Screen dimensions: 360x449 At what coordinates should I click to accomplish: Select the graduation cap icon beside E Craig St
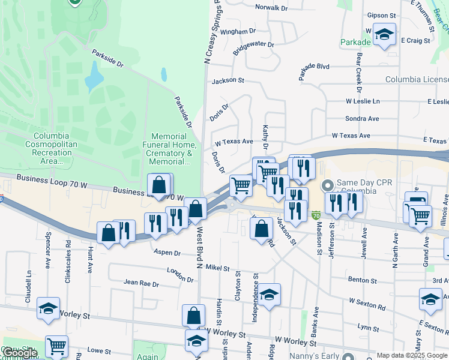coord(384,35)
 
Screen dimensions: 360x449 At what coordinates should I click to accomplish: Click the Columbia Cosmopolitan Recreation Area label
coord(51,148)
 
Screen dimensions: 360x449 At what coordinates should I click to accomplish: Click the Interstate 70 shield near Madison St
coord(316,214)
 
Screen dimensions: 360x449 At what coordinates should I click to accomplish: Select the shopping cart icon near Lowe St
coord(56,346)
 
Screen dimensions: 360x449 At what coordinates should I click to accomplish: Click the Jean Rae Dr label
coord(141,283)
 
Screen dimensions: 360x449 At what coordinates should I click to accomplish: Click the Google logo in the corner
coord(19,353)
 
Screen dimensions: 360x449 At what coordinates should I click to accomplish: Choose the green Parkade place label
coord(355,43)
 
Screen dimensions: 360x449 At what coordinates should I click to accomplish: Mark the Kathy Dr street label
coord(264,137)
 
